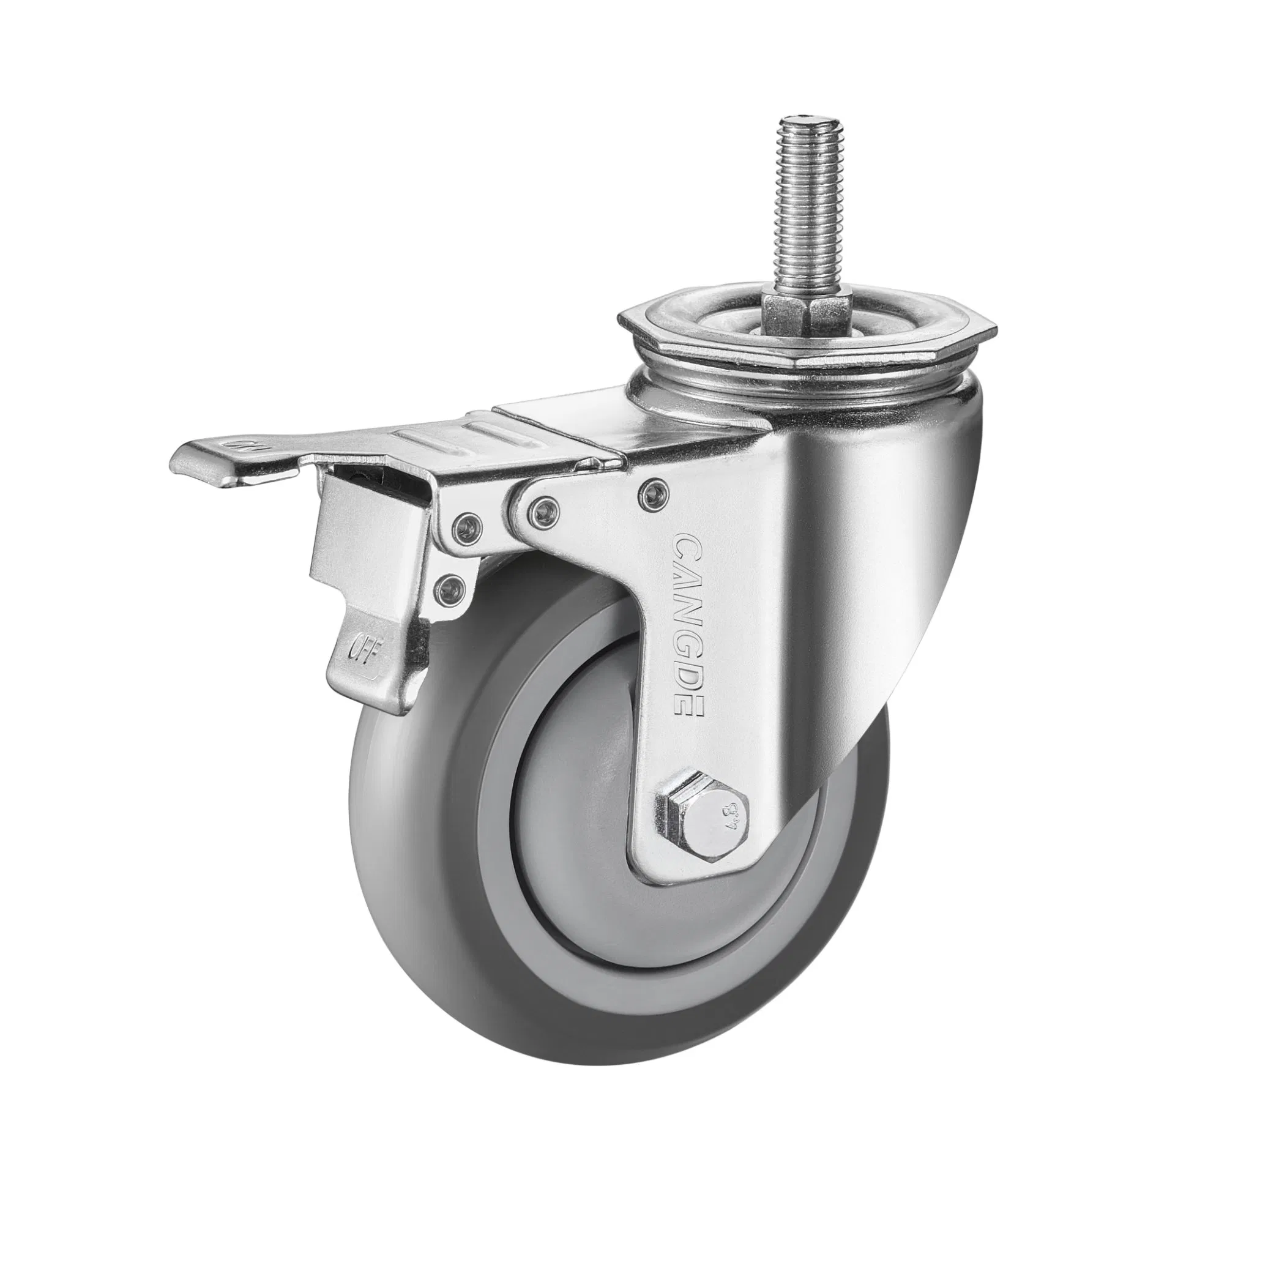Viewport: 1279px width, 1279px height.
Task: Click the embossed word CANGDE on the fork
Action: coord(688,625)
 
